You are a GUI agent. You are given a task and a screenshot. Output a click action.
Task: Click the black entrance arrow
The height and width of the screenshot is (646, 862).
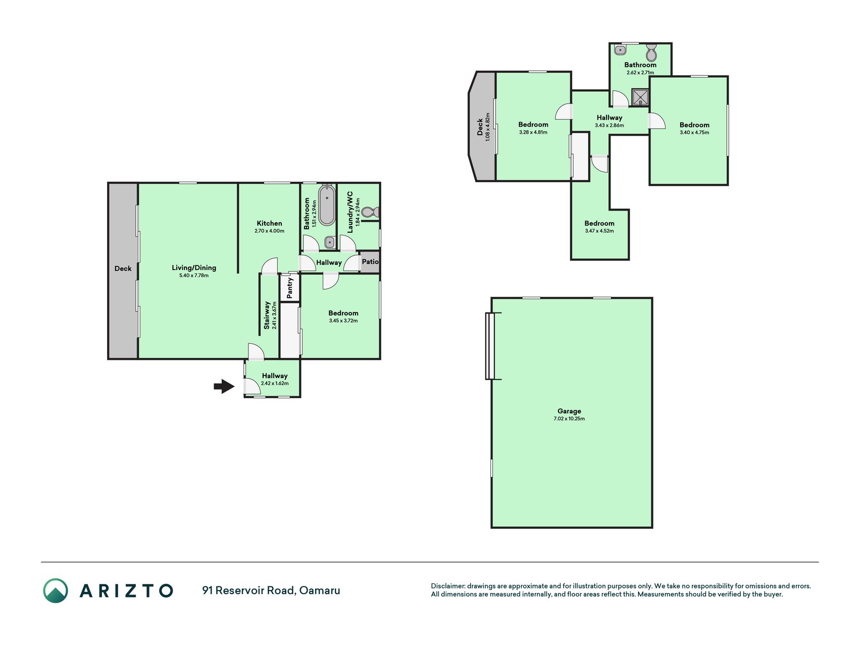tap(224, 387)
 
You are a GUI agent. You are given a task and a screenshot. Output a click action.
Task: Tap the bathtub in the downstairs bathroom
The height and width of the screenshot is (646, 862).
tap(327, 205)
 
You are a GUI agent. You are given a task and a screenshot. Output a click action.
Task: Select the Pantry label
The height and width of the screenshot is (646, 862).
tap(290, 288)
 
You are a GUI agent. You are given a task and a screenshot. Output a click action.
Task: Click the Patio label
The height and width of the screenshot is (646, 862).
tap(370, 261)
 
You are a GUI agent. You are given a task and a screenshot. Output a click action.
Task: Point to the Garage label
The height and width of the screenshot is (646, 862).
tap(569, 411)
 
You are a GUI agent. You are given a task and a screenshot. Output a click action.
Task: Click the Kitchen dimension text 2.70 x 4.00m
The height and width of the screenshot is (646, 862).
tap(269, 231)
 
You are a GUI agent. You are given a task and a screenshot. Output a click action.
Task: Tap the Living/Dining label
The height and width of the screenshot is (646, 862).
tap(194, 267)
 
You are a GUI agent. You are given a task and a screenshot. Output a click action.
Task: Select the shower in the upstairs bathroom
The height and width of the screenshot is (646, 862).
tap(640, 97)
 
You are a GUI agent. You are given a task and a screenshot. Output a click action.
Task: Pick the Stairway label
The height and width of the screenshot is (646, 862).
tap(267, 315)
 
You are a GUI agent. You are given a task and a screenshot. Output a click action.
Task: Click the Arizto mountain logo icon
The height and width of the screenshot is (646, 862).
tap(56, 590)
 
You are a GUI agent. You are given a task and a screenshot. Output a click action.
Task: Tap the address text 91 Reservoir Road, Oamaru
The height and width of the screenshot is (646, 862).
tap(271, 590)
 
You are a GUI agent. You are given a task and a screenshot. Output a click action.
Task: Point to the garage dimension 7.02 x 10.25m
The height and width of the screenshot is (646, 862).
tap(569, 419)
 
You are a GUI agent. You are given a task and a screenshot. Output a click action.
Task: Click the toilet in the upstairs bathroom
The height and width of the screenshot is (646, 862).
tap(651, 52)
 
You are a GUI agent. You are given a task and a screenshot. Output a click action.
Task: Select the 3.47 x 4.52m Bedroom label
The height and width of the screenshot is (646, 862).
tap(599, 227)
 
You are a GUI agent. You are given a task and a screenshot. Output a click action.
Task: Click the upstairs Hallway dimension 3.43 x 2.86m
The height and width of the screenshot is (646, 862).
tap(610, 126)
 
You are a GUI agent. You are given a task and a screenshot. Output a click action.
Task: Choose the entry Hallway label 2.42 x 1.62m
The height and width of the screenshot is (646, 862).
tap(275, 379)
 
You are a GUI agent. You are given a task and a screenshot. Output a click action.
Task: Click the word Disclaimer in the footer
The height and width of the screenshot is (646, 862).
tap(447, 586)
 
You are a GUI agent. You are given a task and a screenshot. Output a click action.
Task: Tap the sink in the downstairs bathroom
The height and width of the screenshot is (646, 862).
tap(330, 243)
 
